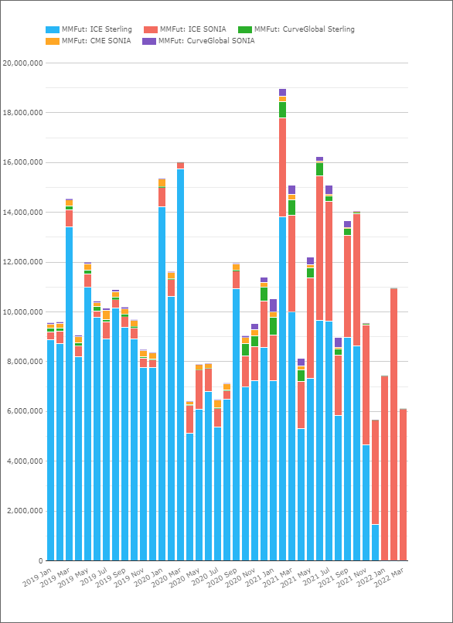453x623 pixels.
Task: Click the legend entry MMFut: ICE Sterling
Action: [x=89, y=29]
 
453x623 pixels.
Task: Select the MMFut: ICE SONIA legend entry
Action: [x=185, y=29]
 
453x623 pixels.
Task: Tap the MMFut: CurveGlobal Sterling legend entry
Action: [x=296, y=29]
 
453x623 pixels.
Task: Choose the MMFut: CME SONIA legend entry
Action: [x=88, y=40]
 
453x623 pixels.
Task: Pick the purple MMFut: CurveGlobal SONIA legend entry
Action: [x=199, y=40]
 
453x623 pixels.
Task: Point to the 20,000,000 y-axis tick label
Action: [x=22, y=63]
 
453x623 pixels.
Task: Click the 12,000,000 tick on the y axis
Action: [x=22, y=262]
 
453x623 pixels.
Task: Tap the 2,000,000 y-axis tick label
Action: [x=25, y=511]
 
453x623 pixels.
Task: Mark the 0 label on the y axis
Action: [x=41, y=561]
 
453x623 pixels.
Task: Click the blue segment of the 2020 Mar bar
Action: [x=181, y=365]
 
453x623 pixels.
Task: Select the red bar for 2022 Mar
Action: [x=404, y=485]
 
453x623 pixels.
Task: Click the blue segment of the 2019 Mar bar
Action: [x=69, y=393]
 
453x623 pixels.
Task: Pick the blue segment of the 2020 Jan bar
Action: [x=162, y=384]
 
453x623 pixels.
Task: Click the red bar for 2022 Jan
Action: [x=385, y=468]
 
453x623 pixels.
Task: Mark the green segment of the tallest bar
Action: [x=282, y=110]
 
